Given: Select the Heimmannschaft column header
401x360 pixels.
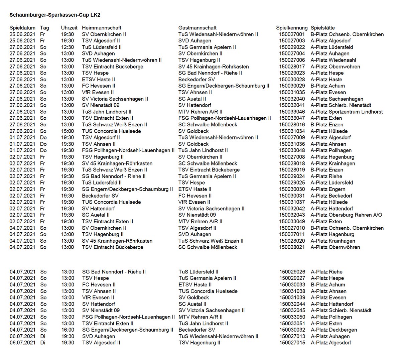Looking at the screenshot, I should coord(102,28).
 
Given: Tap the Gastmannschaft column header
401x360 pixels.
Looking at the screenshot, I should coord(197,28).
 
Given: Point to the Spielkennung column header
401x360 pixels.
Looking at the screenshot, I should coord(292,28).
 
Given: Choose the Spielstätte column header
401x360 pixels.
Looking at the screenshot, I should coord(322,28).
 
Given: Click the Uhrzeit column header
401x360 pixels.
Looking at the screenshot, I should coord(69,28).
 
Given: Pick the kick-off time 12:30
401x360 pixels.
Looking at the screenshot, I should coord(68,47).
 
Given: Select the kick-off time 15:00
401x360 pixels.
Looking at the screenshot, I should coord(68,131).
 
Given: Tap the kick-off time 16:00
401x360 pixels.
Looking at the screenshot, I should coord(68,330).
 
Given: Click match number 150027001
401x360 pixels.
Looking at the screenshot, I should coord(292,34).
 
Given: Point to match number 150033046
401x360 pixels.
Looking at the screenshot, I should coord(292,112).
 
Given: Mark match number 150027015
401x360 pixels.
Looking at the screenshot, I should coord(292,343).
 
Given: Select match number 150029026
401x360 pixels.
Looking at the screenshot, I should coord(292,272).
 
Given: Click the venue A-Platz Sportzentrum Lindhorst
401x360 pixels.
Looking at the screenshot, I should coord(347,112).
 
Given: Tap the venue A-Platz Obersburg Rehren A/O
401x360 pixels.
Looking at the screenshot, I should coord(347,215).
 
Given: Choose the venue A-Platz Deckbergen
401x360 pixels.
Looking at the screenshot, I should coord(334,330).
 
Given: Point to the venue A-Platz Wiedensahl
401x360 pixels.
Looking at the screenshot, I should coord(333,60).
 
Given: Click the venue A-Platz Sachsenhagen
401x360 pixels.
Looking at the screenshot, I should coord(337,99).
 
